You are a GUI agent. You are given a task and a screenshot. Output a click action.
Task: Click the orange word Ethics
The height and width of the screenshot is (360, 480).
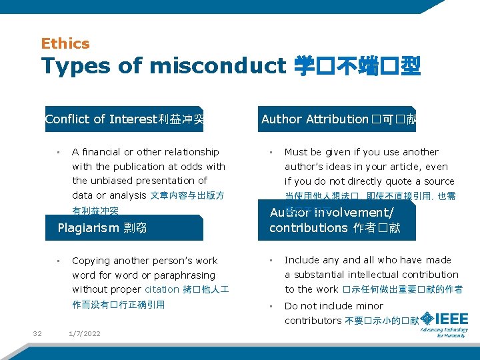[65, 44]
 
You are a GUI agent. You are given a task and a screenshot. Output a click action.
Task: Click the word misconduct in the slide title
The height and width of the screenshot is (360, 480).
[217, 66]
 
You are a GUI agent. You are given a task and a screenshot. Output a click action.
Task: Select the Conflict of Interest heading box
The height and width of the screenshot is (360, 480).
[124, 119]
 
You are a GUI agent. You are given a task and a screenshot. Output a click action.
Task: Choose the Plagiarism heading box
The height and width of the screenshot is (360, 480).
[124, 228]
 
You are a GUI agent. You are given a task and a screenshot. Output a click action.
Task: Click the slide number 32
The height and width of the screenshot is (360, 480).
[37, 333]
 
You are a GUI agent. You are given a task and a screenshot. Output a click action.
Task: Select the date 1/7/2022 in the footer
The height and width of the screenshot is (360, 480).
[85, 333]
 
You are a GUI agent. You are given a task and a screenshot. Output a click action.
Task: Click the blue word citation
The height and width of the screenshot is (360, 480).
[162, 289]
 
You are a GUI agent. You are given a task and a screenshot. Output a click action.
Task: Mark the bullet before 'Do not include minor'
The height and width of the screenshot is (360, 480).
[271, 306]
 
